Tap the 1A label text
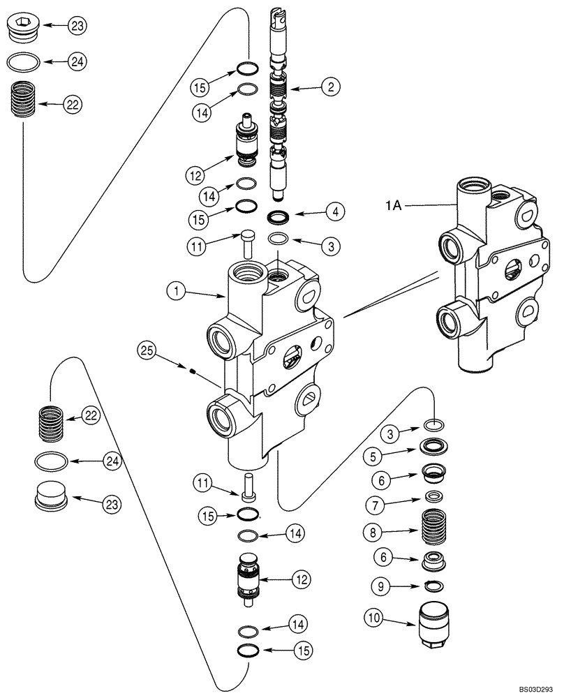tap(392, 206)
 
